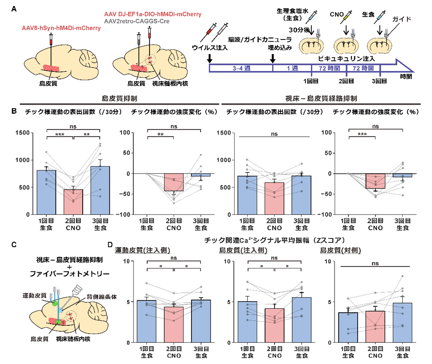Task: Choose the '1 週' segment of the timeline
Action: tap(292, 68)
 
